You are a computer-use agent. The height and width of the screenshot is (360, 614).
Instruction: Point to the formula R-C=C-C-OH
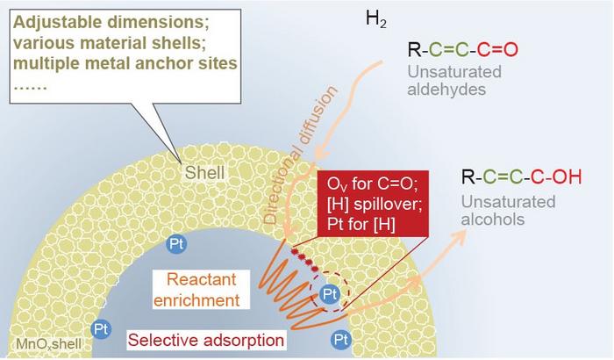[521, 178]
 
